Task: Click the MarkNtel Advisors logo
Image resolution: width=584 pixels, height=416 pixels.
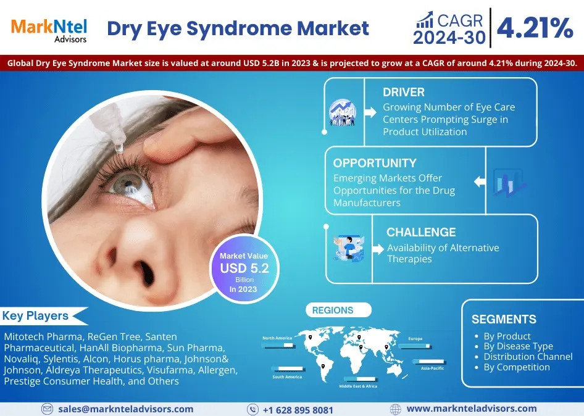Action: (49, 29)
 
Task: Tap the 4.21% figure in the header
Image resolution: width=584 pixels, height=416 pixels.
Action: (535, 28)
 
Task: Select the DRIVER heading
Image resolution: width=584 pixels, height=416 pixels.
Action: (404, 93)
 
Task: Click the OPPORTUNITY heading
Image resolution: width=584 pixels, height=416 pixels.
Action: (375, 164)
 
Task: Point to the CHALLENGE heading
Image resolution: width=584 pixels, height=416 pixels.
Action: (421, 233)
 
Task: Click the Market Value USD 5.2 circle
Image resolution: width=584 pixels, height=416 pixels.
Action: (244, 268)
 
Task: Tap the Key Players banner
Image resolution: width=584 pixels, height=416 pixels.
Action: (36, 316)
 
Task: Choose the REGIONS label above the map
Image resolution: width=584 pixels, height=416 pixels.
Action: (333, 310)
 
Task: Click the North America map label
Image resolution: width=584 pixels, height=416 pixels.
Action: (277, 338)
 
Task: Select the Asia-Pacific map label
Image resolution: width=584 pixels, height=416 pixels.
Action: (433, 368)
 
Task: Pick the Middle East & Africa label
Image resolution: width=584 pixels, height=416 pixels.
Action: (358, 386)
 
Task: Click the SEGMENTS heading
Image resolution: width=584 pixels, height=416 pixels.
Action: (504, 320)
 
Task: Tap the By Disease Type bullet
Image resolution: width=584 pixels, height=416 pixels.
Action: (518, 347)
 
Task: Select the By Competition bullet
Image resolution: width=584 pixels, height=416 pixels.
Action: (516, 367)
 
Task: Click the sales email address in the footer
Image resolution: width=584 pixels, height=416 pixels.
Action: (126, 409)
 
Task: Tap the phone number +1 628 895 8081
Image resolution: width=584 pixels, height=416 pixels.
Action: (298, 410)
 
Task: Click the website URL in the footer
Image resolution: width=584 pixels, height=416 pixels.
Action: (472, 409)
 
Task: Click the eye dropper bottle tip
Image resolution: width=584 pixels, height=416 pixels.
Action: (117, 147)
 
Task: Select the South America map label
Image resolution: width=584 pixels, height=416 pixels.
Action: (287, 377)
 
